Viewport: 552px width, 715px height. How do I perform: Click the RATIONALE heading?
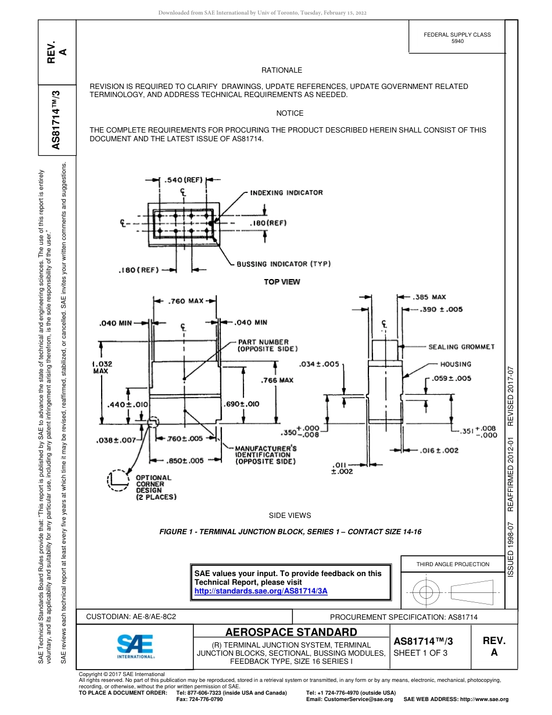coord(282,70)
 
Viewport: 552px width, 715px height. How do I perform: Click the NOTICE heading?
coord(289,113)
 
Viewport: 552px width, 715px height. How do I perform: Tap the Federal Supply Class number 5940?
coord(457,42)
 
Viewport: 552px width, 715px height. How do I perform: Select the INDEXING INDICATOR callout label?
coord(286,192)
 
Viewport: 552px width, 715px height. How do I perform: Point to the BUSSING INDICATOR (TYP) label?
coord(284,264)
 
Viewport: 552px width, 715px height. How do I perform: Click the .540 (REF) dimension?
coord(184,180)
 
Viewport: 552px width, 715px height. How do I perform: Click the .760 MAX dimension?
coord(185,301)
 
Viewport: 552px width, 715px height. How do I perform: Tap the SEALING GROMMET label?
coord(461,347)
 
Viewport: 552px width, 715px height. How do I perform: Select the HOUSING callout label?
coord(456,364)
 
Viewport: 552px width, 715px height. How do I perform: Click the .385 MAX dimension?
coord(429,298)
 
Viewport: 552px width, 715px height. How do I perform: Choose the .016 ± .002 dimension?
coord(439,451)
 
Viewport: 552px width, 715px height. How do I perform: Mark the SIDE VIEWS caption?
coord(289,516)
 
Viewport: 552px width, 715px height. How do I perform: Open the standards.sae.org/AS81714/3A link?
coord(261,591)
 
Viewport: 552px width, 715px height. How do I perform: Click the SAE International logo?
coord(135,644)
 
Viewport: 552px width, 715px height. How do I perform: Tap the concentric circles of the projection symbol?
coord(426,592)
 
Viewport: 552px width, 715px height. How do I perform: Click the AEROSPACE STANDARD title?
coord(291,632)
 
